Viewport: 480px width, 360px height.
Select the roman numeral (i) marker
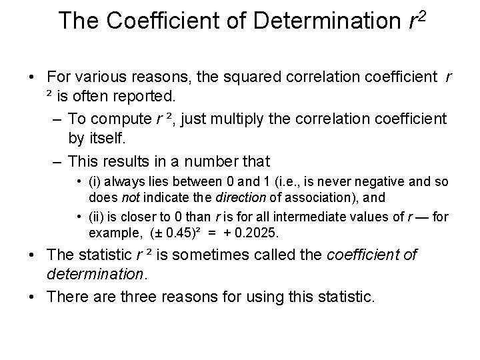click(x=94, y=182)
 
